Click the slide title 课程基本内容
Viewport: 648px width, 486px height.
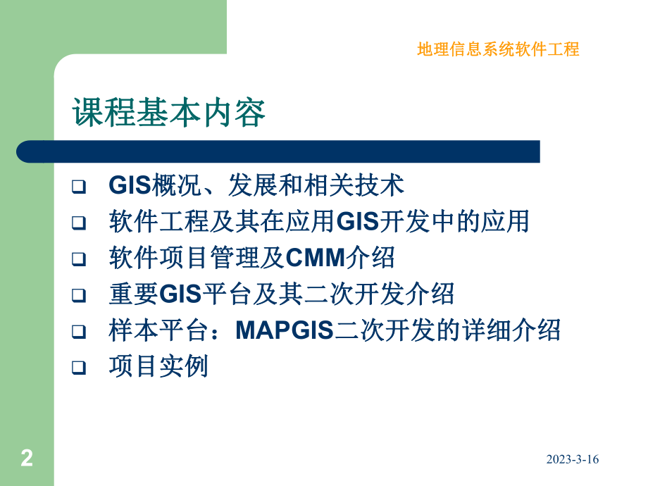click(169, 112)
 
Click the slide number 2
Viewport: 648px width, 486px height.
click(27, 458)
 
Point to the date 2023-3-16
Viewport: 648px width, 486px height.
click(572, 459)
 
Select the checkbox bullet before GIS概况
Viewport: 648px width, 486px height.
click(79, 187)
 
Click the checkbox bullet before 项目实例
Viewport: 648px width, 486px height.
click(79, 367)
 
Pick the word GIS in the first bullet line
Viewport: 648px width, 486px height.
click(131, 186)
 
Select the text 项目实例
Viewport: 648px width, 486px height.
click(158, 366)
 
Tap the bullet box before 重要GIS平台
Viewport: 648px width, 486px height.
click(79, 295)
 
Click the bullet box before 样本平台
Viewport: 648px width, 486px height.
click(79, 331)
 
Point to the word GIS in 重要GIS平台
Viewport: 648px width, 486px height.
click(181, 294)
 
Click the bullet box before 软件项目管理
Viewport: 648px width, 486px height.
click(79, 259)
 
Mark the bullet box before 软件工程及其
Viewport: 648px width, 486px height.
click(79, 223)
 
